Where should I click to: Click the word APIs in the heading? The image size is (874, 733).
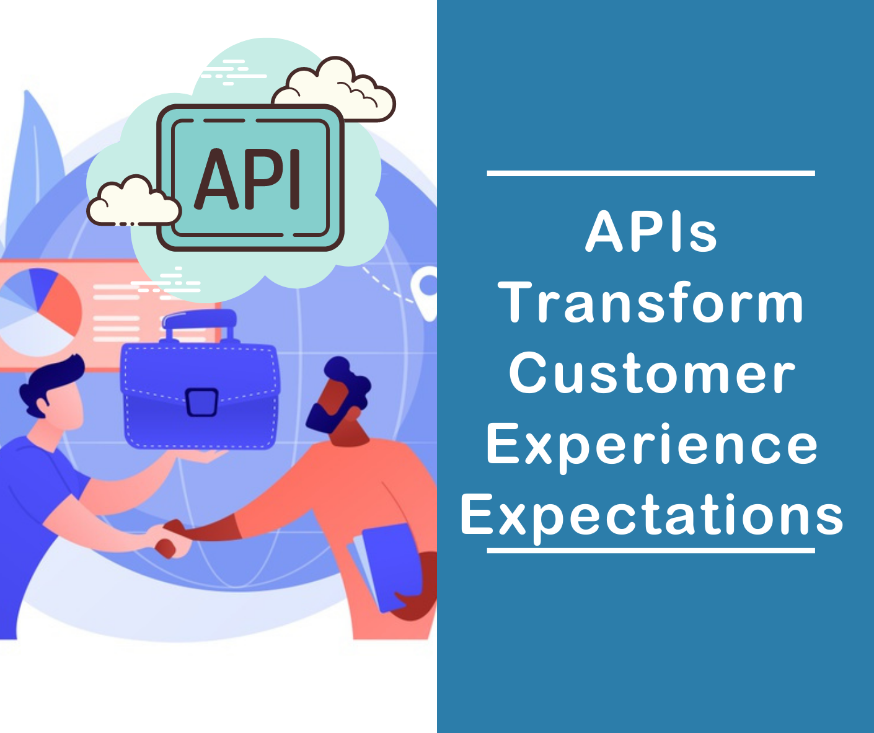click(x=651, y=232)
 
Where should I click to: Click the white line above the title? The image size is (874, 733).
click(x=651, y=173)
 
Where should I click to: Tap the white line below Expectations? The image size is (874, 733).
click(x=651, y=550)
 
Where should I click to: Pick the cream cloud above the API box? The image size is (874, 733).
click(x=335, y=90)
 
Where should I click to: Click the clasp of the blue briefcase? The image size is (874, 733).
click(x=201, y=401)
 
